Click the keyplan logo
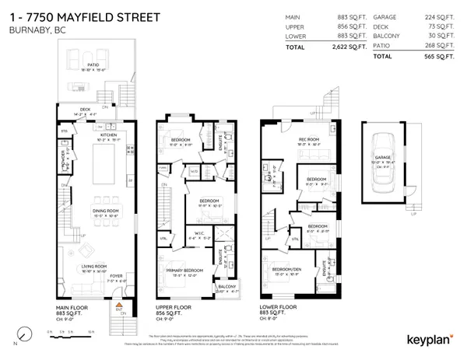click(430, 339)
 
